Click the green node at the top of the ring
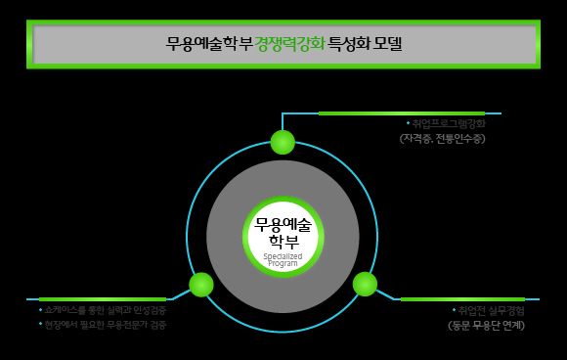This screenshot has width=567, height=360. [283, 142]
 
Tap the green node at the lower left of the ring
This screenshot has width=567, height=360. [201, 285]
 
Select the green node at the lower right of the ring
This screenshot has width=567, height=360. [365, 285]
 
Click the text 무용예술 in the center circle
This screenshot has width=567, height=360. [283, 223]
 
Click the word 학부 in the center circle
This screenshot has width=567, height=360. [283, 241]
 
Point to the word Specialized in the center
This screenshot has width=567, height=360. [283, 256]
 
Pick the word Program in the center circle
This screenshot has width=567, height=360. [283, 264]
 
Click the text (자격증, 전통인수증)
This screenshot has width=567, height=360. [442, 139]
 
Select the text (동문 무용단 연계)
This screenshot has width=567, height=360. [479, 325]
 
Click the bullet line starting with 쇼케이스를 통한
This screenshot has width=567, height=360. [98, 310]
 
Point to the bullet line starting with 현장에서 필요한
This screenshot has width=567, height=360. [98, 324]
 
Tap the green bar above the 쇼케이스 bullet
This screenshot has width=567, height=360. [103, 298]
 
